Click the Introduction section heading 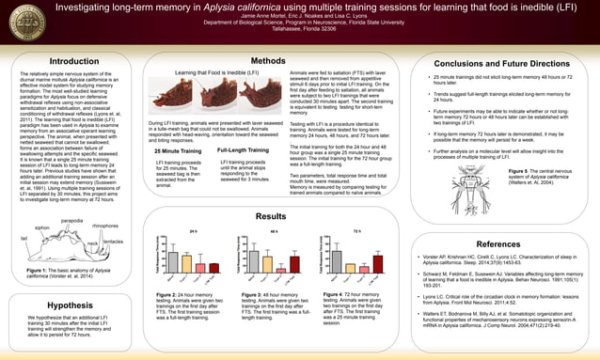tap(73, 62)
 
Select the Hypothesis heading tap(68, 305)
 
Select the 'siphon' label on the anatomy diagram tap(41, 227)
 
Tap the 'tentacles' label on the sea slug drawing tap(115, 242)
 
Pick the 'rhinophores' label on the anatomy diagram tap(105, 227)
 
